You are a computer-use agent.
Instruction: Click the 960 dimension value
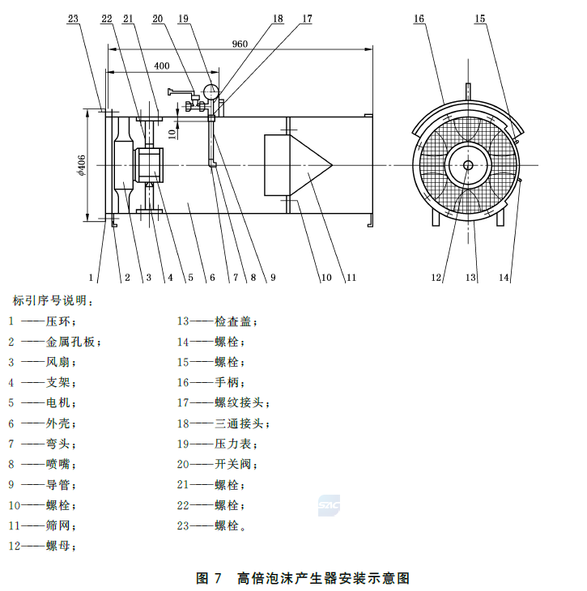tap(240, 44)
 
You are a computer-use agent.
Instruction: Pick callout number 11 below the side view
tap(351, 278)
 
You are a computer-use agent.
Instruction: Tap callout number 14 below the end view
tap(504, 278)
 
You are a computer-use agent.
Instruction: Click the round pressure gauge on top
tap(212, 91)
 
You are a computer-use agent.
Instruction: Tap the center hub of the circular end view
tap(467, 165)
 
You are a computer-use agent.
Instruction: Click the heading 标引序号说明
tap(52, 301)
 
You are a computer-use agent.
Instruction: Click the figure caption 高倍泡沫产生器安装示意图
tap(324, 578)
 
